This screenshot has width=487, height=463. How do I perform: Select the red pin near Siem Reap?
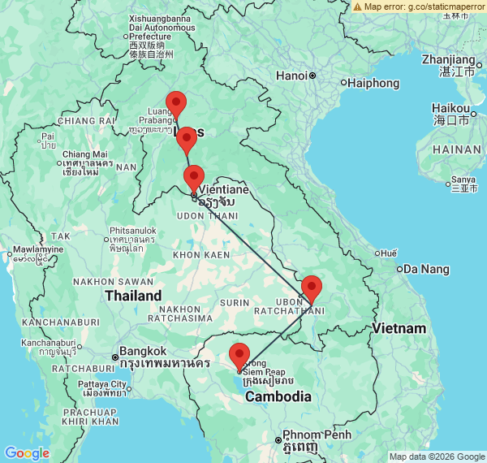[239, 356]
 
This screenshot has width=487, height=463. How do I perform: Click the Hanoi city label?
[291, 76]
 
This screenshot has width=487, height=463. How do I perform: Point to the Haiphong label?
[374, 83]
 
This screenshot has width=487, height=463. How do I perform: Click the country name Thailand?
[132, 296]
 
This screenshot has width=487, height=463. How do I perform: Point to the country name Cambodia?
[278, 396]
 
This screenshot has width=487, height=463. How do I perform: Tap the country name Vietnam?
[399, 328]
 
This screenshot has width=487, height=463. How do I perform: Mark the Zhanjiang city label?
[448, 59]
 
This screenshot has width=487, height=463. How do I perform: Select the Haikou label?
[450, 108]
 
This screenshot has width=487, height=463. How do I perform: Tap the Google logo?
[27, 452]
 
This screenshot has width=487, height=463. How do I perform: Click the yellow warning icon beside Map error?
[357, 6]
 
